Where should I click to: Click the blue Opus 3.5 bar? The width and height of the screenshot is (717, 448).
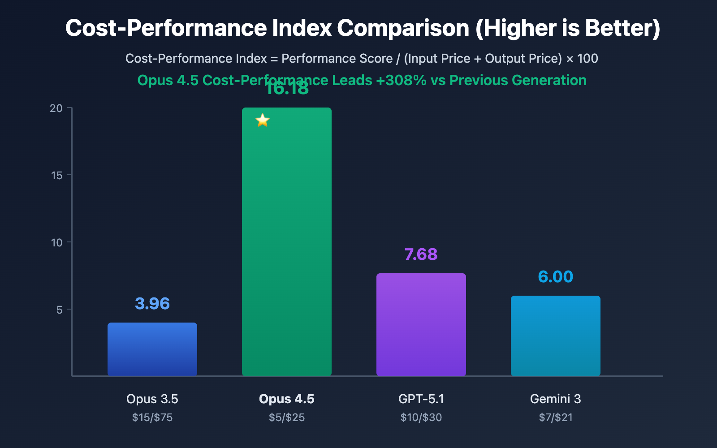(152, 349)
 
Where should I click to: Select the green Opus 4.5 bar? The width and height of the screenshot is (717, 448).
(287, 242)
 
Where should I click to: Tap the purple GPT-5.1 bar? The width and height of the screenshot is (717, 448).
(421, 324)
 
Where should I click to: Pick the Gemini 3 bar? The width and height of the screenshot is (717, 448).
(556, 336)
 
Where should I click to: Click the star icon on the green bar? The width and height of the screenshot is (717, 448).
(263, 120)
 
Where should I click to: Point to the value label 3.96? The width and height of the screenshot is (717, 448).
(152, 304)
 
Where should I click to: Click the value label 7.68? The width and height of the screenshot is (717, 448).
(421, 254)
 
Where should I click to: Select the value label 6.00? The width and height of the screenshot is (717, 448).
(555, 277)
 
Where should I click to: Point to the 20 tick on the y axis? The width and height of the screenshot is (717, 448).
(56, 108)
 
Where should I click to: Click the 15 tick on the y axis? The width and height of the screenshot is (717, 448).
(57, 175)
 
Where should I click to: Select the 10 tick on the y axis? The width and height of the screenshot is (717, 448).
(57, 242)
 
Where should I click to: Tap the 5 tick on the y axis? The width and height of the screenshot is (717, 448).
(60, 310)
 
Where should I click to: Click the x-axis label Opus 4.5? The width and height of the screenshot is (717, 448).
(287, 399)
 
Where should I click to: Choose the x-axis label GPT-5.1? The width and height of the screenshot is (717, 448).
(421, 399)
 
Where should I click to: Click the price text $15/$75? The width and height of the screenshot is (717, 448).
(152, 418)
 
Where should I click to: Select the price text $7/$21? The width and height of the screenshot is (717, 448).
(556, 418)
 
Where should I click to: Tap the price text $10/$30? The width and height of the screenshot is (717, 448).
(421, 418)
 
